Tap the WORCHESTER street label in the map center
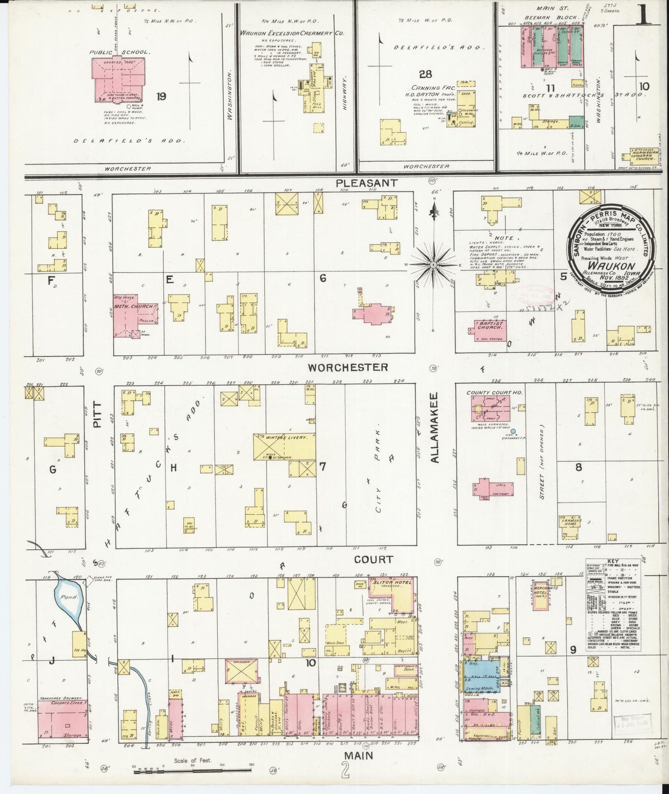tap(348, 367)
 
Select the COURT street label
tap(373, 560)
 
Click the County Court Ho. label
tap(494, 392)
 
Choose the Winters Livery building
tap(284, 447)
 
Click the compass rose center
tap(433, 265)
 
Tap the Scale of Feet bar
tap(194, 770)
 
